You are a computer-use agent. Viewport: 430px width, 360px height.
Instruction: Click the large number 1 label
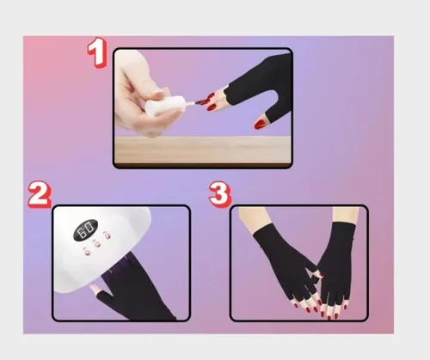coord(98,52)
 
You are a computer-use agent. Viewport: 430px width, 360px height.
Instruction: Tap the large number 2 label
coord(40,194)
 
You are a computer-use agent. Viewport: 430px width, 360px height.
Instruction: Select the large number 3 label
coord(220,194)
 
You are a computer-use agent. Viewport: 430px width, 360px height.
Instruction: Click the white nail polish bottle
coord(164,106)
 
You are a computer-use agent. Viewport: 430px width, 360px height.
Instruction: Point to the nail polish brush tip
coord(203,101)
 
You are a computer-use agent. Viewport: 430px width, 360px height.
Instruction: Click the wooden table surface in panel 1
coord(203,149)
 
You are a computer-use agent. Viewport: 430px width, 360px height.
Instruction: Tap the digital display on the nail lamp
coord(86,229)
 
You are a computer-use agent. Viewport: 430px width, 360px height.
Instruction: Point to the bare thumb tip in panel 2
coord(94,288)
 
